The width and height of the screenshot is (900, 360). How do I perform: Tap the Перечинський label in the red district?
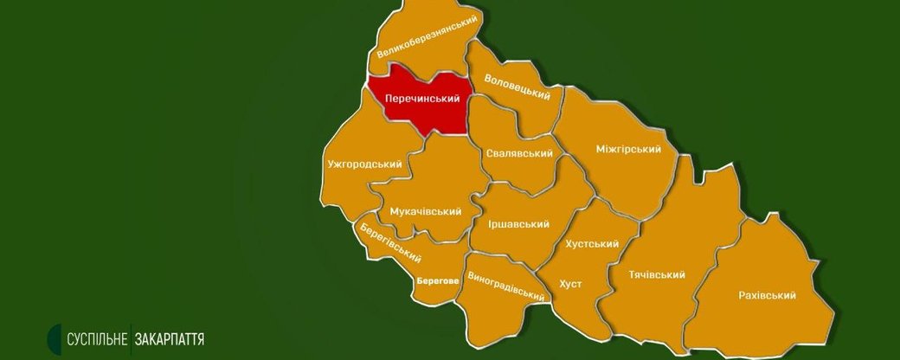421,100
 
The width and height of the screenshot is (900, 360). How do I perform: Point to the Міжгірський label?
628,149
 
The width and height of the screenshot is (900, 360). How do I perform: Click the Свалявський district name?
519,153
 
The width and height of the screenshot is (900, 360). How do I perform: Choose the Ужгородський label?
365,164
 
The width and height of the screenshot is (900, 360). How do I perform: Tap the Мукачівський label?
425,211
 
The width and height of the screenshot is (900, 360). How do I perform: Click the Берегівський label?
390,241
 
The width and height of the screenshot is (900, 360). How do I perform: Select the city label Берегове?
437,280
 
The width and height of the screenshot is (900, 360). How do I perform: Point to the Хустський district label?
592,244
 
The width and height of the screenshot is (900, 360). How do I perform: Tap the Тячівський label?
657,275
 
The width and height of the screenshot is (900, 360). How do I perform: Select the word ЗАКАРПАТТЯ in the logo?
169,338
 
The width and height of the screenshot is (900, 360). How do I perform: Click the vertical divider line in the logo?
130,338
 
